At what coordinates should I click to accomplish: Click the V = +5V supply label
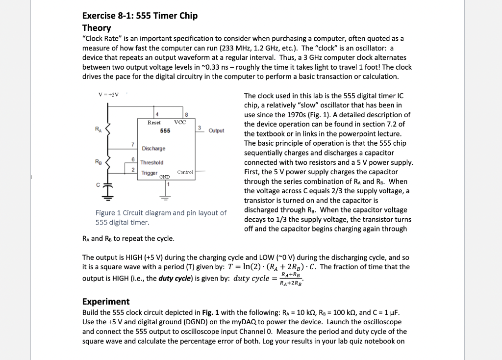(106, 95)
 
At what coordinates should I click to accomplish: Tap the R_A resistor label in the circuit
(99, 129)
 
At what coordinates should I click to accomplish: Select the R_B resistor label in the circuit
(99, 161)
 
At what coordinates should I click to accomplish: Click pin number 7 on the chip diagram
(132, 144)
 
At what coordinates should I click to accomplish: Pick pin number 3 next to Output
(200, 128)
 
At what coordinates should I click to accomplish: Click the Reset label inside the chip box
(154, 123)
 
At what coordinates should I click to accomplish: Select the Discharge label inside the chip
(153, 149)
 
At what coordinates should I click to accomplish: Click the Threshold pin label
(152, 162)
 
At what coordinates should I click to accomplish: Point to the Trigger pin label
(149, 173)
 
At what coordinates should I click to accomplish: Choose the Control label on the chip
(185, 173)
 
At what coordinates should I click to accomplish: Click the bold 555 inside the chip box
(165, 131)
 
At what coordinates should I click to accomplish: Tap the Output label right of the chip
(216, 131)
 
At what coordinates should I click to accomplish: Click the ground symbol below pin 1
(165, 199)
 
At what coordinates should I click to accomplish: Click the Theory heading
(97, 28)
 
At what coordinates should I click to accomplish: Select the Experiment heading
(106, 302)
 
